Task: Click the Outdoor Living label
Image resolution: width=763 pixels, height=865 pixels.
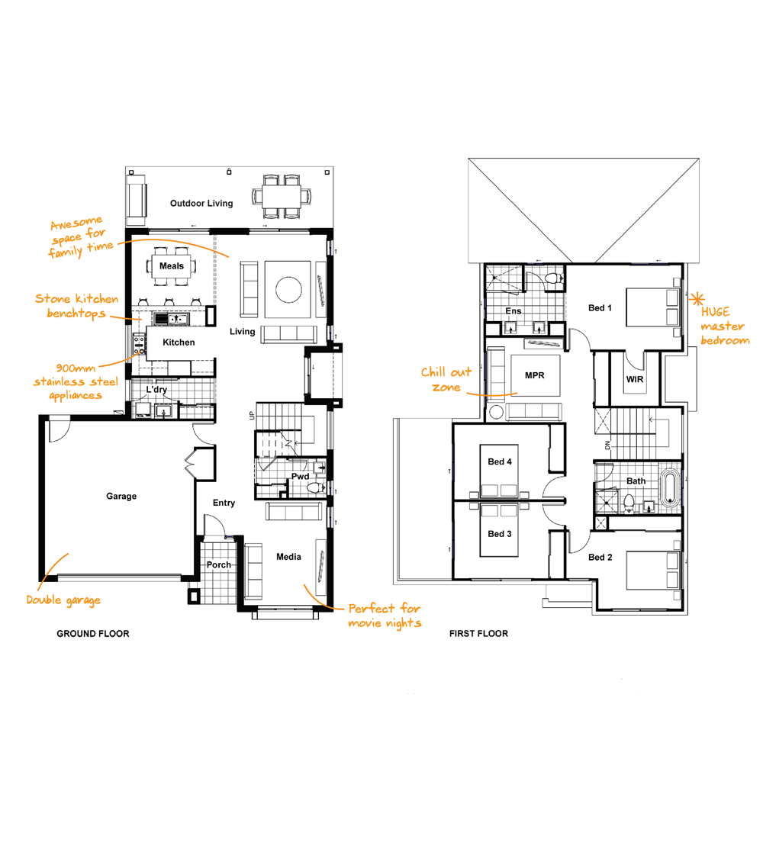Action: point(201,203)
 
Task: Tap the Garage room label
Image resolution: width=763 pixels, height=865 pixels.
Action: point(121,496)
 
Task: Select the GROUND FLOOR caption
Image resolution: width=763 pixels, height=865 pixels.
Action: point(92,634)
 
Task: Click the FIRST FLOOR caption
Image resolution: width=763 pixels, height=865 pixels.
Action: point(478,634)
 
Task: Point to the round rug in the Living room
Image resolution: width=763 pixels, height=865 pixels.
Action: point(288,290)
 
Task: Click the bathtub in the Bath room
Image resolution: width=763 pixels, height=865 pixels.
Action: point(671,487)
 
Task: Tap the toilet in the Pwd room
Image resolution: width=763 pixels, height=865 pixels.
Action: point(315,487)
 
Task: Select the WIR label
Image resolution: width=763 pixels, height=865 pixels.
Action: point(635,380)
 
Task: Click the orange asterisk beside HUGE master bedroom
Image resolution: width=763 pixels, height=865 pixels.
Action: point(697,299)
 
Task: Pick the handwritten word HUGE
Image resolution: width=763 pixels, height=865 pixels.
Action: point(716,312)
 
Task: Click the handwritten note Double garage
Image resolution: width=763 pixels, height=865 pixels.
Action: point(63,600)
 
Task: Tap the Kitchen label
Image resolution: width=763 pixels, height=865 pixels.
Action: point(179,342)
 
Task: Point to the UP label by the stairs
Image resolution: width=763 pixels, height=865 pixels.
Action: point(252,416)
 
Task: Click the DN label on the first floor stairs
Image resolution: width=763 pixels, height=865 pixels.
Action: point(607,445)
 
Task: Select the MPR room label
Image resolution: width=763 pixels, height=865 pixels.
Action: point(535,376)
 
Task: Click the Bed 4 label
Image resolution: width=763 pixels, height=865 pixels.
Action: point(500,461)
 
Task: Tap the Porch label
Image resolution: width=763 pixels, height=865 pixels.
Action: point(219,565)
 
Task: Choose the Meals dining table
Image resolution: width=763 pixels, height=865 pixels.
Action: point(172,266)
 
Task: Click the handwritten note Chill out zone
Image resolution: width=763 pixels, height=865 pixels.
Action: point(446,380)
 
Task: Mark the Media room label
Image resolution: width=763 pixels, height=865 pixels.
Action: point(288,557)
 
